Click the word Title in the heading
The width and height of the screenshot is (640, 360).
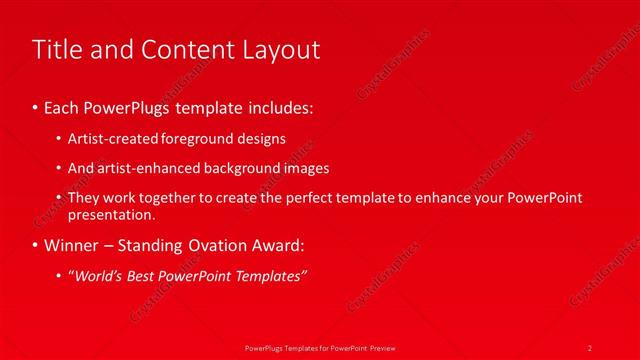[x=58, y=49]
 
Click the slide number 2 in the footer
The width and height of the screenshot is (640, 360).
[x=590, y=347]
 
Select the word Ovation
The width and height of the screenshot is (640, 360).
[x=223, y=244]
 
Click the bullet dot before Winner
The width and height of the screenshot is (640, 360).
[x=36, y=244]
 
